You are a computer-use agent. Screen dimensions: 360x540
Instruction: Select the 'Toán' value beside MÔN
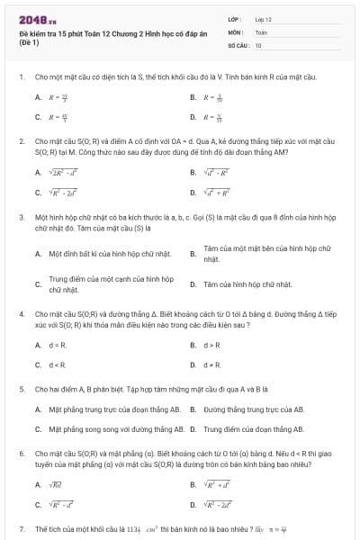(x=261, y=31)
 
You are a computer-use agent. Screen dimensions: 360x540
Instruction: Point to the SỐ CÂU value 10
(x=258, y=44)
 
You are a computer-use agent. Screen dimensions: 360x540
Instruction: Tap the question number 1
(x=21, y=77)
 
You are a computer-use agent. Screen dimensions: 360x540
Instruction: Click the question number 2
(x=21, y=141)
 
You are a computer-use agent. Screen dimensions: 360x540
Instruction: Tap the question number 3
(x=21, y=217)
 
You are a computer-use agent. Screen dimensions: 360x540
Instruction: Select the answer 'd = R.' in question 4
(x=57, y=344)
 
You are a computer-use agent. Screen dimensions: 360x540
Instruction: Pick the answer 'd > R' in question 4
(x=212, y=344)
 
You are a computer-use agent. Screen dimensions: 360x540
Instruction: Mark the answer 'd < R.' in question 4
(x=57, y=364)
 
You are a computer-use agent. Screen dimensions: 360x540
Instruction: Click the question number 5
(x=21, y=388)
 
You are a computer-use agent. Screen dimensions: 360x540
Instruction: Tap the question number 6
(x=21, y=454)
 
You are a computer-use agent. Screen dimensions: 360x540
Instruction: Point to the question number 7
(x=21, y=528)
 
